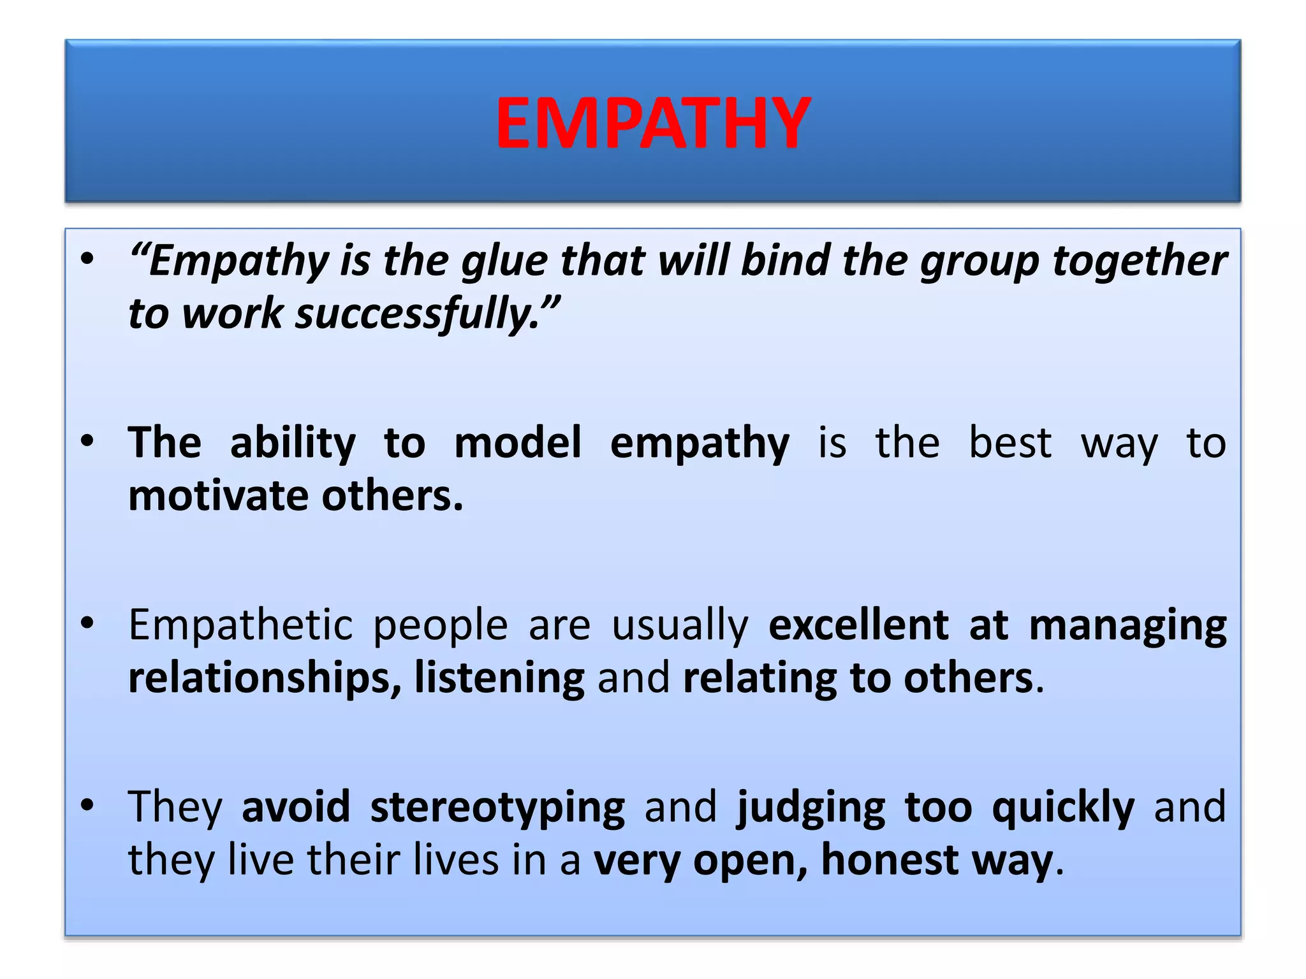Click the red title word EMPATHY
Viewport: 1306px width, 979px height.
(x=653, y=123)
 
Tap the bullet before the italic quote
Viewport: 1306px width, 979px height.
(x=87, y=259)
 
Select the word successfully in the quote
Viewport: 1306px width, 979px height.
(x=418, y=314)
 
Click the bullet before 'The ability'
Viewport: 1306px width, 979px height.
(x=87, y=440)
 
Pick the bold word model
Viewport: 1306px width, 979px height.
(x=517, y=442)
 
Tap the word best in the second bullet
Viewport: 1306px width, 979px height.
(x=1010, y=442)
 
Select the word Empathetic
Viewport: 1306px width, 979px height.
(x=240, y=625)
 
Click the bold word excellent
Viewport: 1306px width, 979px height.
(x=858, y=625)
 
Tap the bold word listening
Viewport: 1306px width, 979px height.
(x=499, y=678)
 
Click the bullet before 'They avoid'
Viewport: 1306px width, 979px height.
(x=87, y=804)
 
